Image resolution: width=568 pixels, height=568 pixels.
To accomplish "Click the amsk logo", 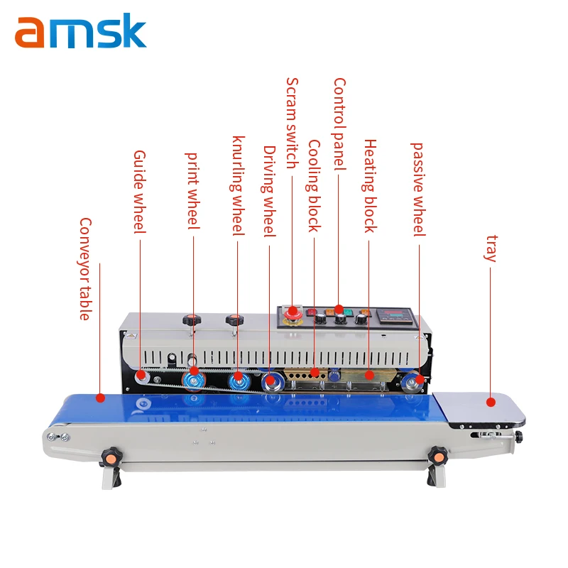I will (x=80, y=32).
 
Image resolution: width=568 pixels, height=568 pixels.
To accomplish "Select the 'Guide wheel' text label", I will (x=139, y=191).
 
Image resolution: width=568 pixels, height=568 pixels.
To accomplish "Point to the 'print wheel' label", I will (x=193, y=190).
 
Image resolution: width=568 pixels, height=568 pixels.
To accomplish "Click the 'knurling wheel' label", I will (x=239, y=185).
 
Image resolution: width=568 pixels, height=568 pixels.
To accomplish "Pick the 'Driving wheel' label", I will (x=269, y=192).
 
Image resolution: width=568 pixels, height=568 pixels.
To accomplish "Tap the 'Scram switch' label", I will (x=292, y=123).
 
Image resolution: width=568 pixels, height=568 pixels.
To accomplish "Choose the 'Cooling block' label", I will (x=314, y=185).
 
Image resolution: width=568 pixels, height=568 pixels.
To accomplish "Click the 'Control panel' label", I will (x=339, y=124).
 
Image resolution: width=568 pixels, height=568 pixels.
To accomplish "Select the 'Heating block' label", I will (x=370, y=185).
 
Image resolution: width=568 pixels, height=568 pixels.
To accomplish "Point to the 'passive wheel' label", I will (x=418, y=189).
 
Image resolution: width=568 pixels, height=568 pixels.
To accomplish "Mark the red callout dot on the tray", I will (x=490, y=402).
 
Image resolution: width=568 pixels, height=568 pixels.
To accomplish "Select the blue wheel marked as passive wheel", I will (x=411, y=383).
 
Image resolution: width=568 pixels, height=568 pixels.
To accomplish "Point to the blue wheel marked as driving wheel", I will (x=271, y=383).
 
